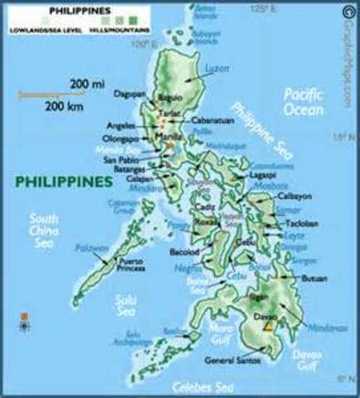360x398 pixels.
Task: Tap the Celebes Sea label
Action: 200,386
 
